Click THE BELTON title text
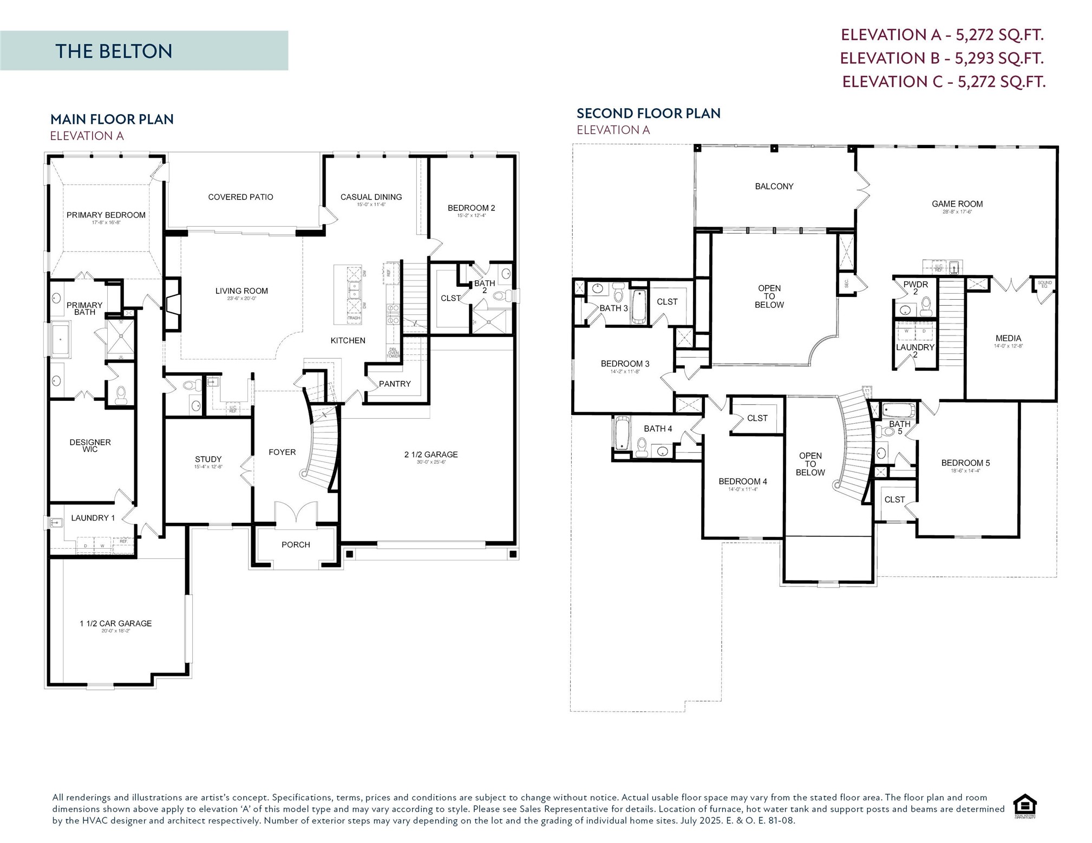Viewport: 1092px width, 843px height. click(x=114, y=51)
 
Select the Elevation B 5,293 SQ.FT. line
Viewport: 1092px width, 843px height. click(x=941, y=58)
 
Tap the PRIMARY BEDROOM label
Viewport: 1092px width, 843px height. click(x=106, y=215)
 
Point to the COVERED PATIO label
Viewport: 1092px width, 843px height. click(x=240, y=197)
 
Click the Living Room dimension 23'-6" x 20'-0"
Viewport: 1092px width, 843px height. click(x=241, y=299)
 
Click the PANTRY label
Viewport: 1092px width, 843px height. click(x=394, y=384)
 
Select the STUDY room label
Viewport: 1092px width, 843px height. click(x=208, y=459)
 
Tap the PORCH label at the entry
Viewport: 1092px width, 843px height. click(x=296, y=544)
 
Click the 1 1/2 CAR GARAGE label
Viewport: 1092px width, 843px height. click(x=115, y=623)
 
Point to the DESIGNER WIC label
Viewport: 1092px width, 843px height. click(x=90, y=445)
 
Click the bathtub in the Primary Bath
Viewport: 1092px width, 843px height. click(x=60, y=339)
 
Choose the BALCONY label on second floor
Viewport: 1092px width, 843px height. click(x=774, y=186)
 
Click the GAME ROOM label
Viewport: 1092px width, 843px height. click(x=957, y=204)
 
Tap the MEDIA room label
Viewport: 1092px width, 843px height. click(x=1008, y=338)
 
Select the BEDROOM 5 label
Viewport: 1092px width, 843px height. click(x=965, y=463)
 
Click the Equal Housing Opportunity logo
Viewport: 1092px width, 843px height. click(x=1024, y=806)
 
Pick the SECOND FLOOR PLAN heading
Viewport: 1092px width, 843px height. click(x=648, y=113)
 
